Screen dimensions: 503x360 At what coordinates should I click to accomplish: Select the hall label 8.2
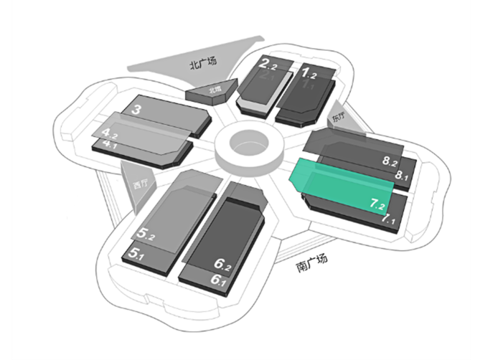[390, 162]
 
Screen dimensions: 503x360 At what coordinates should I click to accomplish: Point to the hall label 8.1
[400, 176]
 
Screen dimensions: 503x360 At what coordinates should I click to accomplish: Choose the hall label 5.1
[141, 253]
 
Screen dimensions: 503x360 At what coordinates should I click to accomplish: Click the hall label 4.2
[109, 133]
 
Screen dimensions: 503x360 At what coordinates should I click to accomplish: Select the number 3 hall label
[136, 110]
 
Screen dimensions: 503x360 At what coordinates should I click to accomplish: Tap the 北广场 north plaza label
[202, 64]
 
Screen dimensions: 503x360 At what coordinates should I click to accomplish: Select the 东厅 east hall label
[338, 116]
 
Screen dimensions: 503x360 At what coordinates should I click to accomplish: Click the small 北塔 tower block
[212, 92]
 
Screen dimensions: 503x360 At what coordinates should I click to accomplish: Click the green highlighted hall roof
[337, 183]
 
